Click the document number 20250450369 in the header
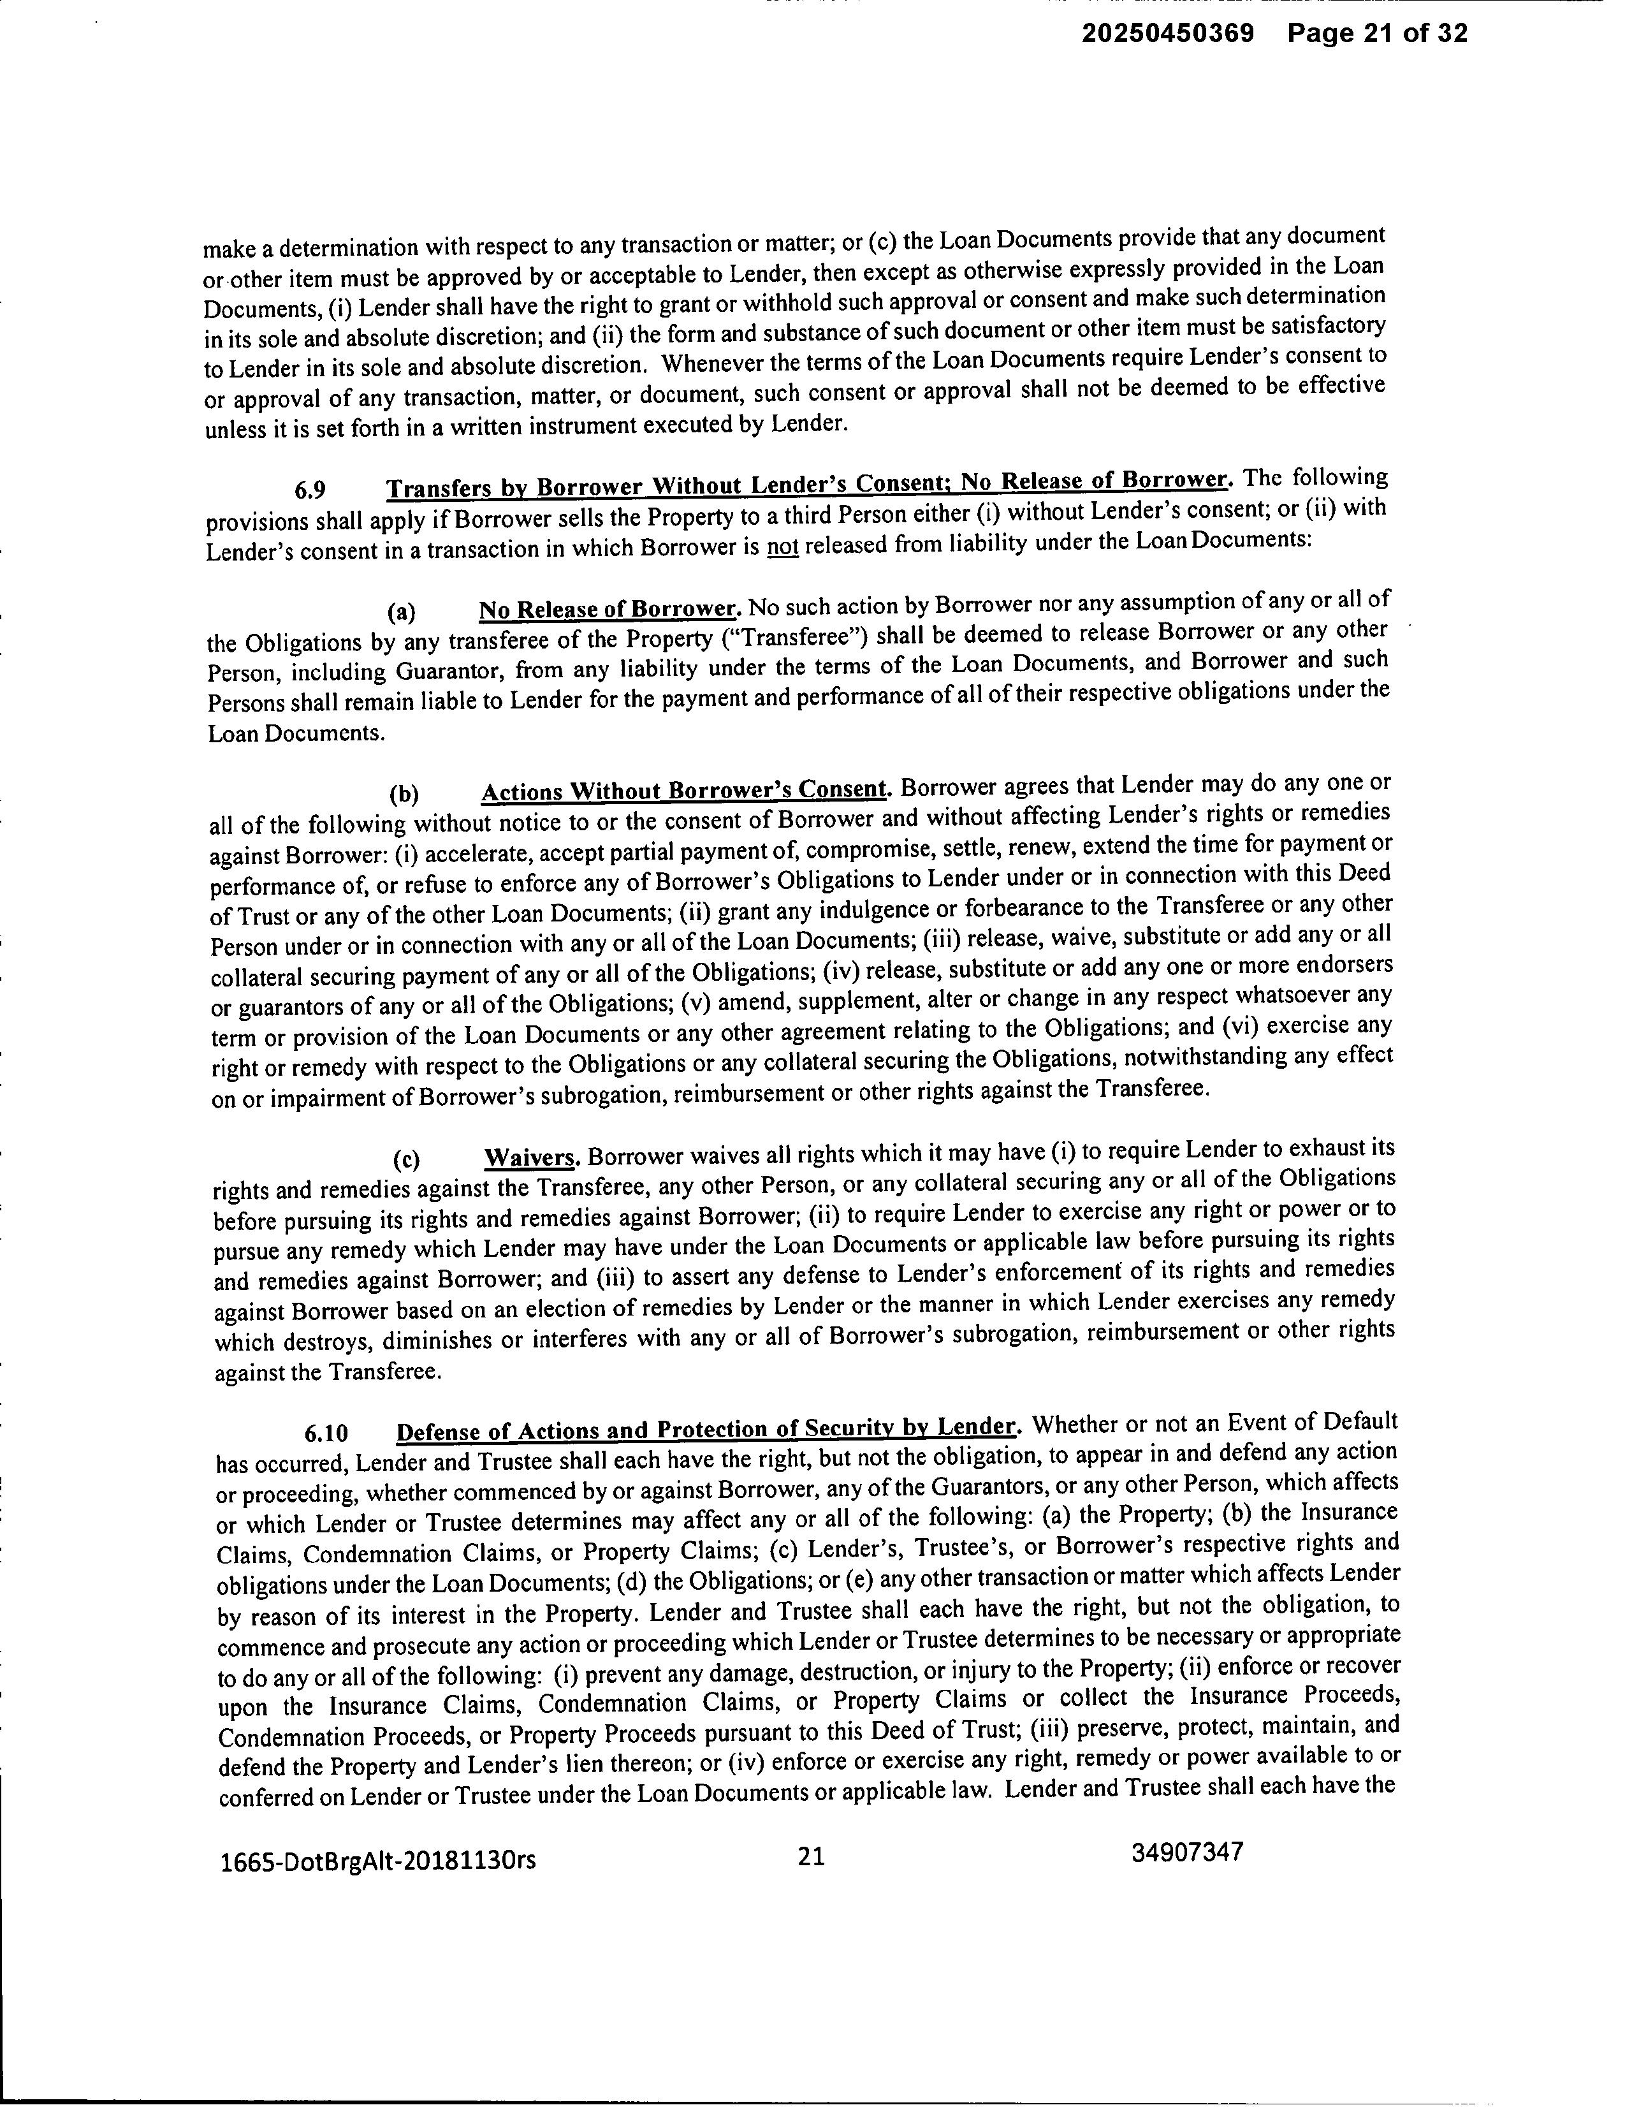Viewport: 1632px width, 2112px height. (1167, 35)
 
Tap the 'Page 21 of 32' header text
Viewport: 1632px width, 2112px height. (1377, 35)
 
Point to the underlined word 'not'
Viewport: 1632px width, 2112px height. (782, 546)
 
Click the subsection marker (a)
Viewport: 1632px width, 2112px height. (401, 612)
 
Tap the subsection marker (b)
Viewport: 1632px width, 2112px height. (404, 795)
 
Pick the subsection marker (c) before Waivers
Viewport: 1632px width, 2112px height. (406, 1159)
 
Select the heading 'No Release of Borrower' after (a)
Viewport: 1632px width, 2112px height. (609, 609)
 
